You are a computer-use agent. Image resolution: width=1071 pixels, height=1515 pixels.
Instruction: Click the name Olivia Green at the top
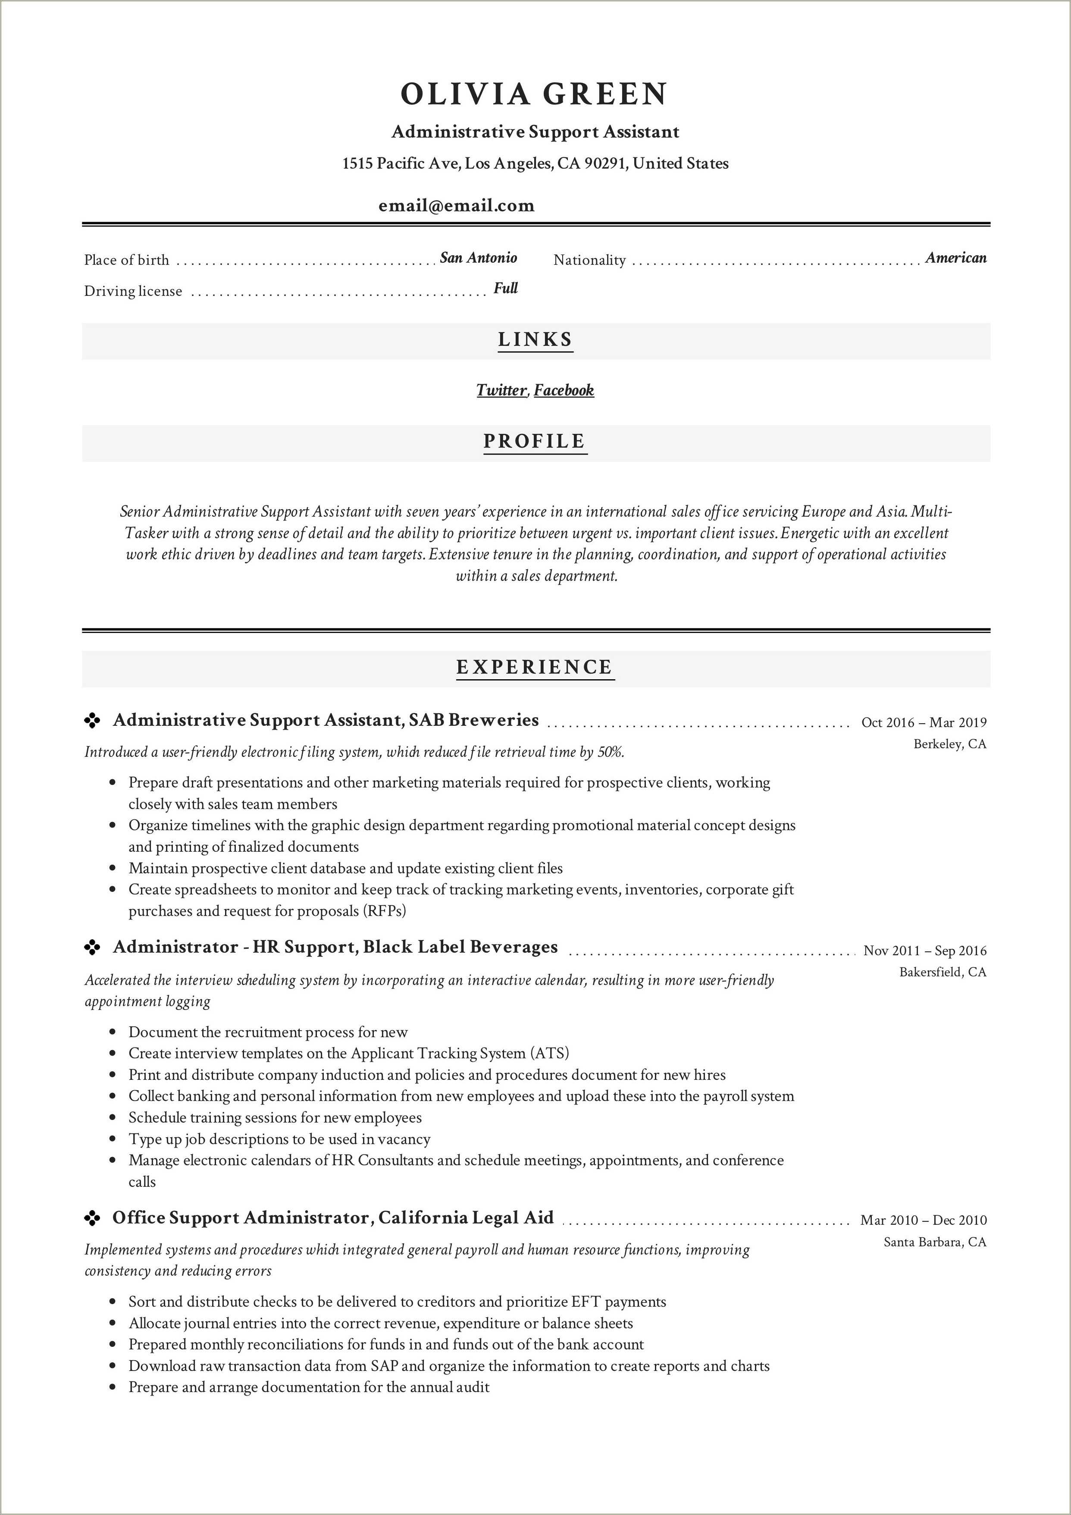coord(535,94)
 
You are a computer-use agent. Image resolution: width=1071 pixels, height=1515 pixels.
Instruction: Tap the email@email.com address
coord(457,206)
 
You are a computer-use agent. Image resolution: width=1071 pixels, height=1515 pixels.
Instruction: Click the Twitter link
coord(501,391)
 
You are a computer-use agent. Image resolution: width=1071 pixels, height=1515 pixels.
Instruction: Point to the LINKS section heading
coord(535,340)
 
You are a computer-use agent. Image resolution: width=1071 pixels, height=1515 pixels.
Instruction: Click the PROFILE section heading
coord(535,442)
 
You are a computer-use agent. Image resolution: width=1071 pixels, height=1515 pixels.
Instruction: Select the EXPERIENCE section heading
coord(535,667)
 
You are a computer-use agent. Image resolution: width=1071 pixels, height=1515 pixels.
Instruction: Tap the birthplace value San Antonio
coord(479,258)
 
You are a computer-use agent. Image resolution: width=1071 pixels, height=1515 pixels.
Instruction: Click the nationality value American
coord(955,258)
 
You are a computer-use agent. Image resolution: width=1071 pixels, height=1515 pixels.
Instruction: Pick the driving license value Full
coord(505,289)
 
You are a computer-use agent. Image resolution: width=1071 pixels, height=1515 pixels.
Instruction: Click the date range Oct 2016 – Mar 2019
coord(924,722)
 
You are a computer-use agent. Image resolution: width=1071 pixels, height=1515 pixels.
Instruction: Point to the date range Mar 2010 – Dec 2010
coord(923,1220)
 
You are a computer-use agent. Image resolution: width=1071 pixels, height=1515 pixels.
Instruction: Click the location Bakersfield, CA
coord(943,972)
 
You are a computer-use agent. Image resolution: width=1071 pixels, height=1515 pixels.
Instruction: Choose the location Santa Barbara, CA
coord(935,1242)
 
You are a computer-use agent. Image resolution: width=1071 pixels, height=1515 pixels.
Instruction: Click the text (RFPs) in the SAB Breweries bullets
coord(384,911)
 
